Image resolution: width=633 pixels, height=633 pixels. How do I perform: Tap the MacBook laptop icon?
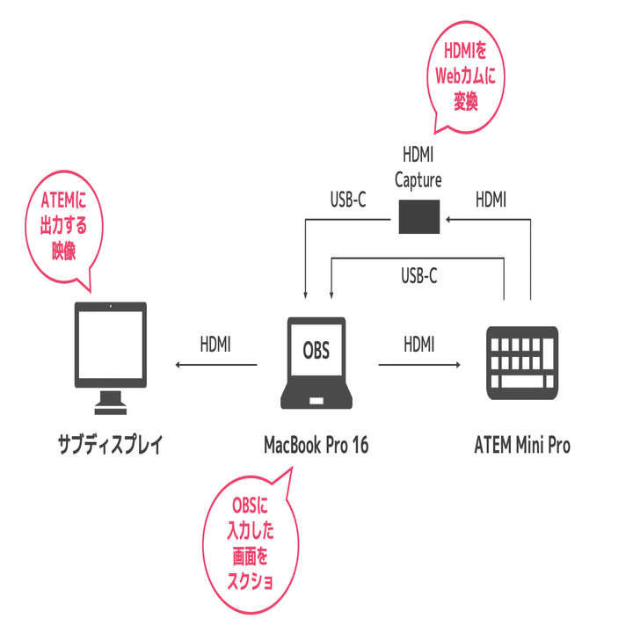pos(316,362)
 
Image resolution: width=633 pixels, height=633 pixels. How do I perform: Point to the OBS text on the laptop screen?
pos(316,351)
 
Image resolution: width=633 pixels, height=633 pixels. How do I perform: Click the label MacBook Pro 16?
pos(316,446)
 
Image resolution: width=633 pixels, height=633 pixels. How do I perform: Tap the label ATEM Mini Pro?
pos(521,446)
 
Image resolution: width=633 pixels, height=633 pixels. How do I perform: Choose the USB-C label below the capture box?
pos(419,276)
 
